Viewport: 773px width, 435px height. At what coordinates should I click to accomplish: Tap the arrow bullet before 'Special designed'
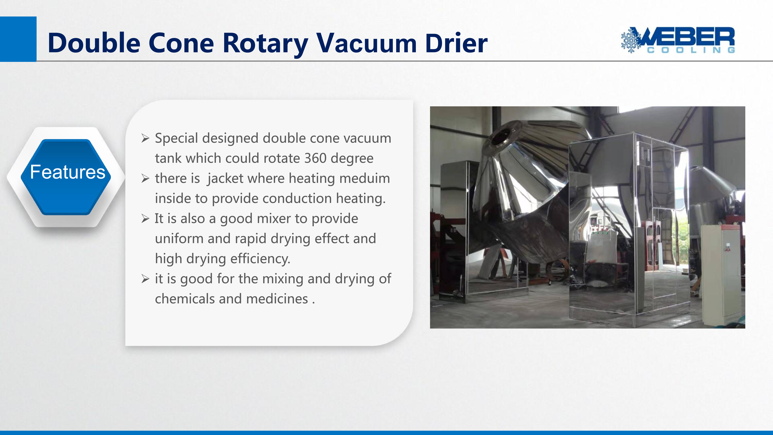pos(145,139)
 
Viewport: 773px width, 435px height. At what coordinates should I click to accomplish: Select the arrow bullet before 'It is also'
pos(145,219)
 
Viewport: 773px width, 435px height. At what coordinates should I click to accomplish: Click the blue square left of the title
pos(18,39)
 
